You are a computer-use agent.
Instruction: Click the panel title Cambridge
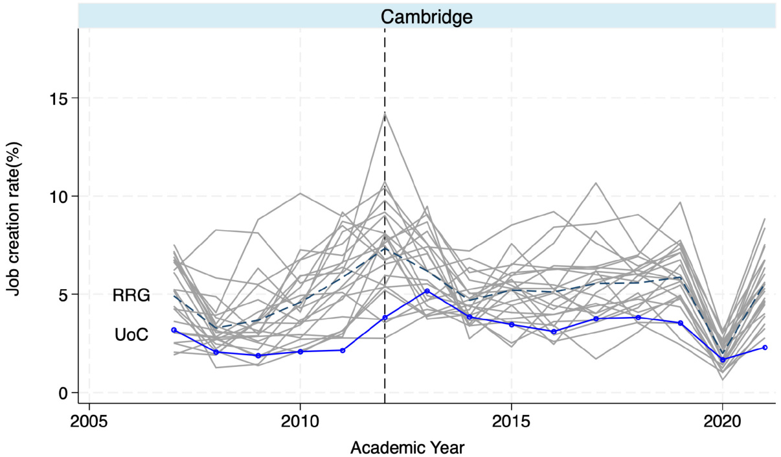(x=426, y=16)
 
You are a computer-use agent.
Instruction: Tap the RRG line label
(x=131, y=296)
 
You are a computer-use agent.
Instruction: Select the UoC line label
(x=131, y=335)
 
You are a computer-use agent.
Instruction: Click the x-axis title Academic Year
(x=407, y=447)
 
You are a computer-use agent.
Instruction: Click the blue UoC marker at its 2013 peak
(x=427, y=291)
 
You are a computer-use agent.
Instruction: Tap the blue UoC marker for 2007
(x=174, y=330)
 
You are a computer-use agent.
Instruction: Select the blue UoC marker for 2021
(x=765, y=347)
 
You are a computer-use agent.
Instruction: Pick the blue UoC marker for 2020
(x=723, y=360)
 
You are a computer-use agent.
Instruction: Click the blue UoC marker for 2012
(x=385, y=318)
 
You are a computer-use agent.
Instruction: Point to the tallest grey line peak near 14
(x=385, y=113)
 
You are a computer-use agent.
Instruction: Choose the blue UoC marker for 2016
(x=554, y=332)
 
